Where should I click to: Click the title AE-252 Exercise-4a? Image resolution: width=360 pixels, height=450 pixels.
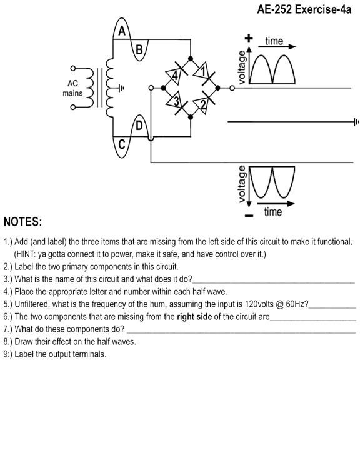tap(304, 9)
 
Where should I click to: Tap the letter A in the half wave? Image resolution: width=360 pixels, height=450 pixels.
tap(122, 31)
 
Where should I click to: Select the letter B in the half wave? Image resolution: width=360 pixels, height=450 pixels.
tap(139, 49)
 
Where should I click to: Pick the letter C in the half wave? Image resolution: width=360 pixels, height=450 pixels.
tap(122, 144)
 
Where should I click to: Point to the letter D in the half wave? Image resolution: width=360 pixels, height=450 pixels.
tap(139, 126)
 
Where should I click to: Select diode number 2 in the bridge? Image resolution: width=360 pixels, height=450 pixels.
tap(204, 103)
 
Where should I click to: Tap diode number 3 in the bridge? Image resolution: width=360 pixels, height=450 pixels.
tap(176, 102)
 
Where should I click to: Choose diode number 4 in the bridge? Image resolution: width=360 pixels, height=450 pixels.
tap(176, 73)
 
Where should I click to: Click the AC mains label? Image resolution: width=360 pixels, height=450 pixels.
tap(72, 88)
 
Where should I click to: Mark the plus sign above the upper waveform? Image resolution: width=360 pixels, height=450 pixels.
tap(249, 38)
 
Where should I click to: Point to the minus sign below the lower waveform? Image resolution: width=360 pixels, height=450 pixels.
tap(249, 215)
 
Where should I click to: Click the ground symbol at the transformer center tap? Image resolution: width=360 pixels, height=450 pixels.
tap(121, 88)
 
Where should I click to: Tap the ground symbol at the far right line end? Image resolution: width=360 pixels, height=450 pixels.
tap(356, 122)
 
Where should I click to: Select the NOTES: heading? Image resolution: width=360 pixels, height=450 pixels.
tap(23, 222)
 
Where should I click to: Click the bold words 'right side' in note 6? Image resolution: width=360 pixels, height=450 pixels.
tap(194, 316)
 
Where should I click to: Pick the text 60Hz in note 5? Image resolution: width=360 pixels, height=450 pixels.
tap(297, 304)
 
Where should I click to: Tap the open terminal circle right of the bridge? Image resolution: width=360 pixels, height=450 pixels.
tap(232, 88)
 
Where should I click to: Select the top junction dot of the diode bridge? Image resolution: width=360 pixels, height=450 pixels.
tap(191, 59)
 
